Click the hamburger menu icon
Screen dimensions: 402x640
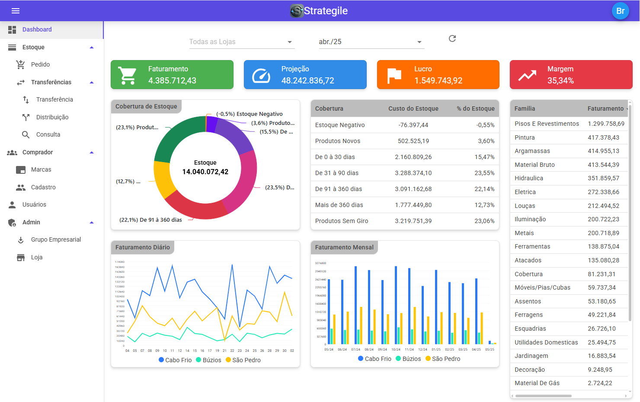pyautogui.click(x=16, y=11)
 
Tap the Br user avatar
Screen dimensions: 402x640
pyautogui.click(x=620, y=11)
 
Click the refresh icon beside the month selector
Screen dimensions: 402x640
pyautogui.click(x=452, y=38)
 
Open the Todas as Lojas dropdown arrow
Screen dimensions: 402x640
pyautogui.click(x=290, y=42)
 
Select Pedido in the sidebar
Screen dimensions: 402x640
pyautogui.click(x=40, y=64)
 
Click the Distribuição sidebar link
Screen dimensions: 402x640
pyautogui.click(x=52, y=117)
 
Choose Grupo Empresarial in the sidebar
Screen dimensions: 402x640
pyautogui.click(x=56, y=239)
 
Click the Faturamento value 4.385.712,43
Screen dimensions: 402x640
pyautogui.click(x=172, y=80)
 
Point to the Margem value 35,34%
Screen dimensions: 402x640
pyautogui.click(x=560, y=80)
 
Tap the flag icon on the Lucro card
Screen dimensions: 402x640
pyautogui.click(x=394, y=75)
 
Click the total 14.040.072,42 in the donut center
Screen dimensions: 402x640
pyautogui.click(x=205, y=172)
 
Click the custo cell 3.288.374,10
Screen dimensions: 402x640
pyautogui.click(x=413, y=173)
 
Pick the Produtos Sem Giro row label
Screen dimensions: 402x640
pyautogui.click(x=342, y=221)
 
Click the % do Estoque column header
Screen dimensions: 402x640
pyautogui.click(x=475, y=108)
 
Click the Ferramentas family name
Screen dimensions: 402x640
pyautogui.click(x=532, y=246)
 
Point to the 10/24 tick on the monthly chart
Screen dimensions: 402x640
pyautogui.click(x=396, y=349)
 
